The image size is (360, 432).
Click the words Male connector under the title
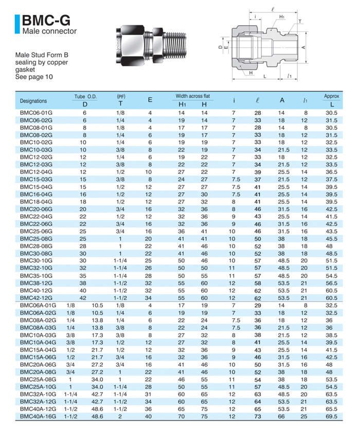[x=49, y=31]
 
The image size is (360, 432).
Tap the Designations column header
[x=33, y=101]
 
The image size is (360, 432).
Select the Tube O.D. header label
[x=85, y=97]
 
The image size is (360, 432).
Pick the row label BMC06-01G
[x=36, y=113]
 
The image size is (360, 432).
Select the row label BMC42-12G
[x=36, y=298]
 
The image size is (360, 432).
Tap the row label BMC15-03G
[x=36, y=179]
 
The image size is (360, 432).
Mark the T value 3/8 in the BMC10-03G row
[x=120, y=150]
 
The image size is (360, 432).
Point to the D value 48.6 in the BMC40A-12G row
[x=97, y=409]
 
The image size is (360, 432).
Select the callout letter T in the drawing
[x=300, y=21]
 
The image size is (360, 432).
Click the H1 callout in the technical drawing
[x=282, y=16]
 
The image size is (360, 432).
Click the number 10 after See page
[x=49, y=77]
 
